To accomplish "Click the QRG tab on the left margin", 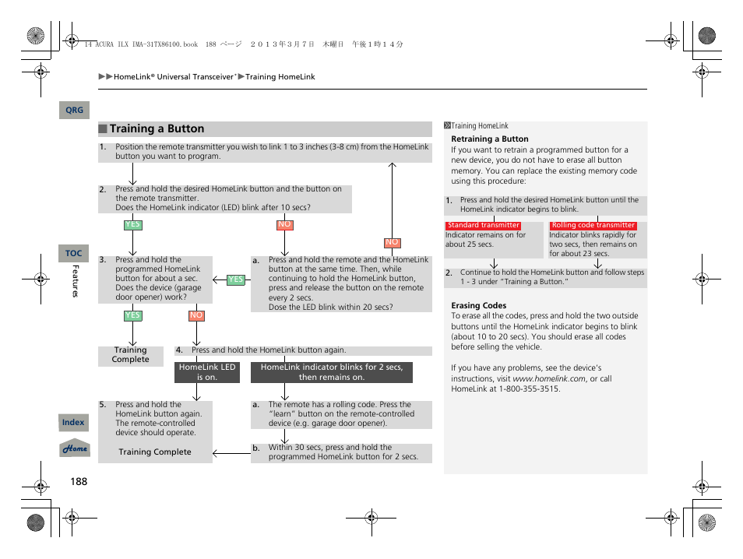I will pyautogui.click(x=74, y=111).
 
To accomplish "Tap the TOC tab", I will pyautogui.click(x=73, y=253).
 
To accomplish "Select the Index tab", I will pyautogui.click(x=73, y=423).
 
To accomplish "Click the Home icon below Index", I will pyautogui.click(x=76, y=449).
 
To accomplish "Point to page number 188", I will pyautogui.click(x=79, y=481).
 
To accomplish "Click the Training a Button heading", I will pyautogui.click(x=157, y=129).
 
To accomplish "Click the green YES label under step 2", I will pyautogui.click(x=133, y=225).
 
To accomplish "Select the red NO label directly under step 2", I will pyautogui.click(x=284, y=225).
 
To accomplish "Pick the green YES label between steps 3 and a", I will pyautogui.click(x=235, y=279).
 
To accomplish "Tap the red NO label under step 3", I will pyautogui.click(x=196, y=315).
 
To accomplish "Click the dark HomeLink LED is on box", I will pyautogui.click(x=206, y=372).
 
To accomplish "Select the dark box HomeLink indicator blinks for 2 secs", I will pyautogui.click(x=332, y=372).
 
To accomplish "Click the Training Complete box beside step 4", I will pyautogui.click(x=130, y=355).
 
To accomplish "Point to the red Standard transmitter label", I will pyautogui.click(x=483, y=226).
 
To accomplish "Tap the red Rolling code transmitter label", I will pyautogui.click(x=593, y=226).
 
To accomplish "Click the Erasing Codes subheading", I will pyautogui.click(x=478, y=306).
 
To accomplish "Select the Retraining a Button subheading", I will pyautogui.click(x=489, y=139).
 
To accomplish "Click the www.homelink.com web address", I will pyautogui.click(x=549, y=378).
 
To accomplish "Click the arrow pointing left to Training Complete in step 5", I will pyautogui.click(x=231, y=452).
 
